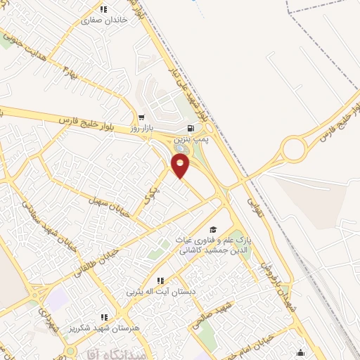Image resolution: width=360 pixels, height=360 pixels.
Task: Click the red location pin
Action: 181,166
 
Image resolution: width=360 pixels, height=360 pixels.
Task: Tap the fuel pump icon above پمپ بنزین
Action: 191,128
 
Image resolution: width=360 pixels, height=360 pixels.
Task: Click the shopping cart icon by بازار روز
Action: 141,118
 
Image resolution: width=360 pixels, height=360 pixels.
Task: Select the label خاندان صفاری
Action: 105,21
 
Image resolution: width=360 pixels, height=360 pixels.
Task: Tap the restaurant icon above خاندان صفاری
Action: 104,10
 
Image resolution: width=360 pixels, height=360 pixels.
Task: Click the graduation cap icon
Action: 213,229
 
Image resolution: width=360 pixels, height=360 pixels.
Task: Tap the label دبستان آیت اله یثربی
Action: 158,290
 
